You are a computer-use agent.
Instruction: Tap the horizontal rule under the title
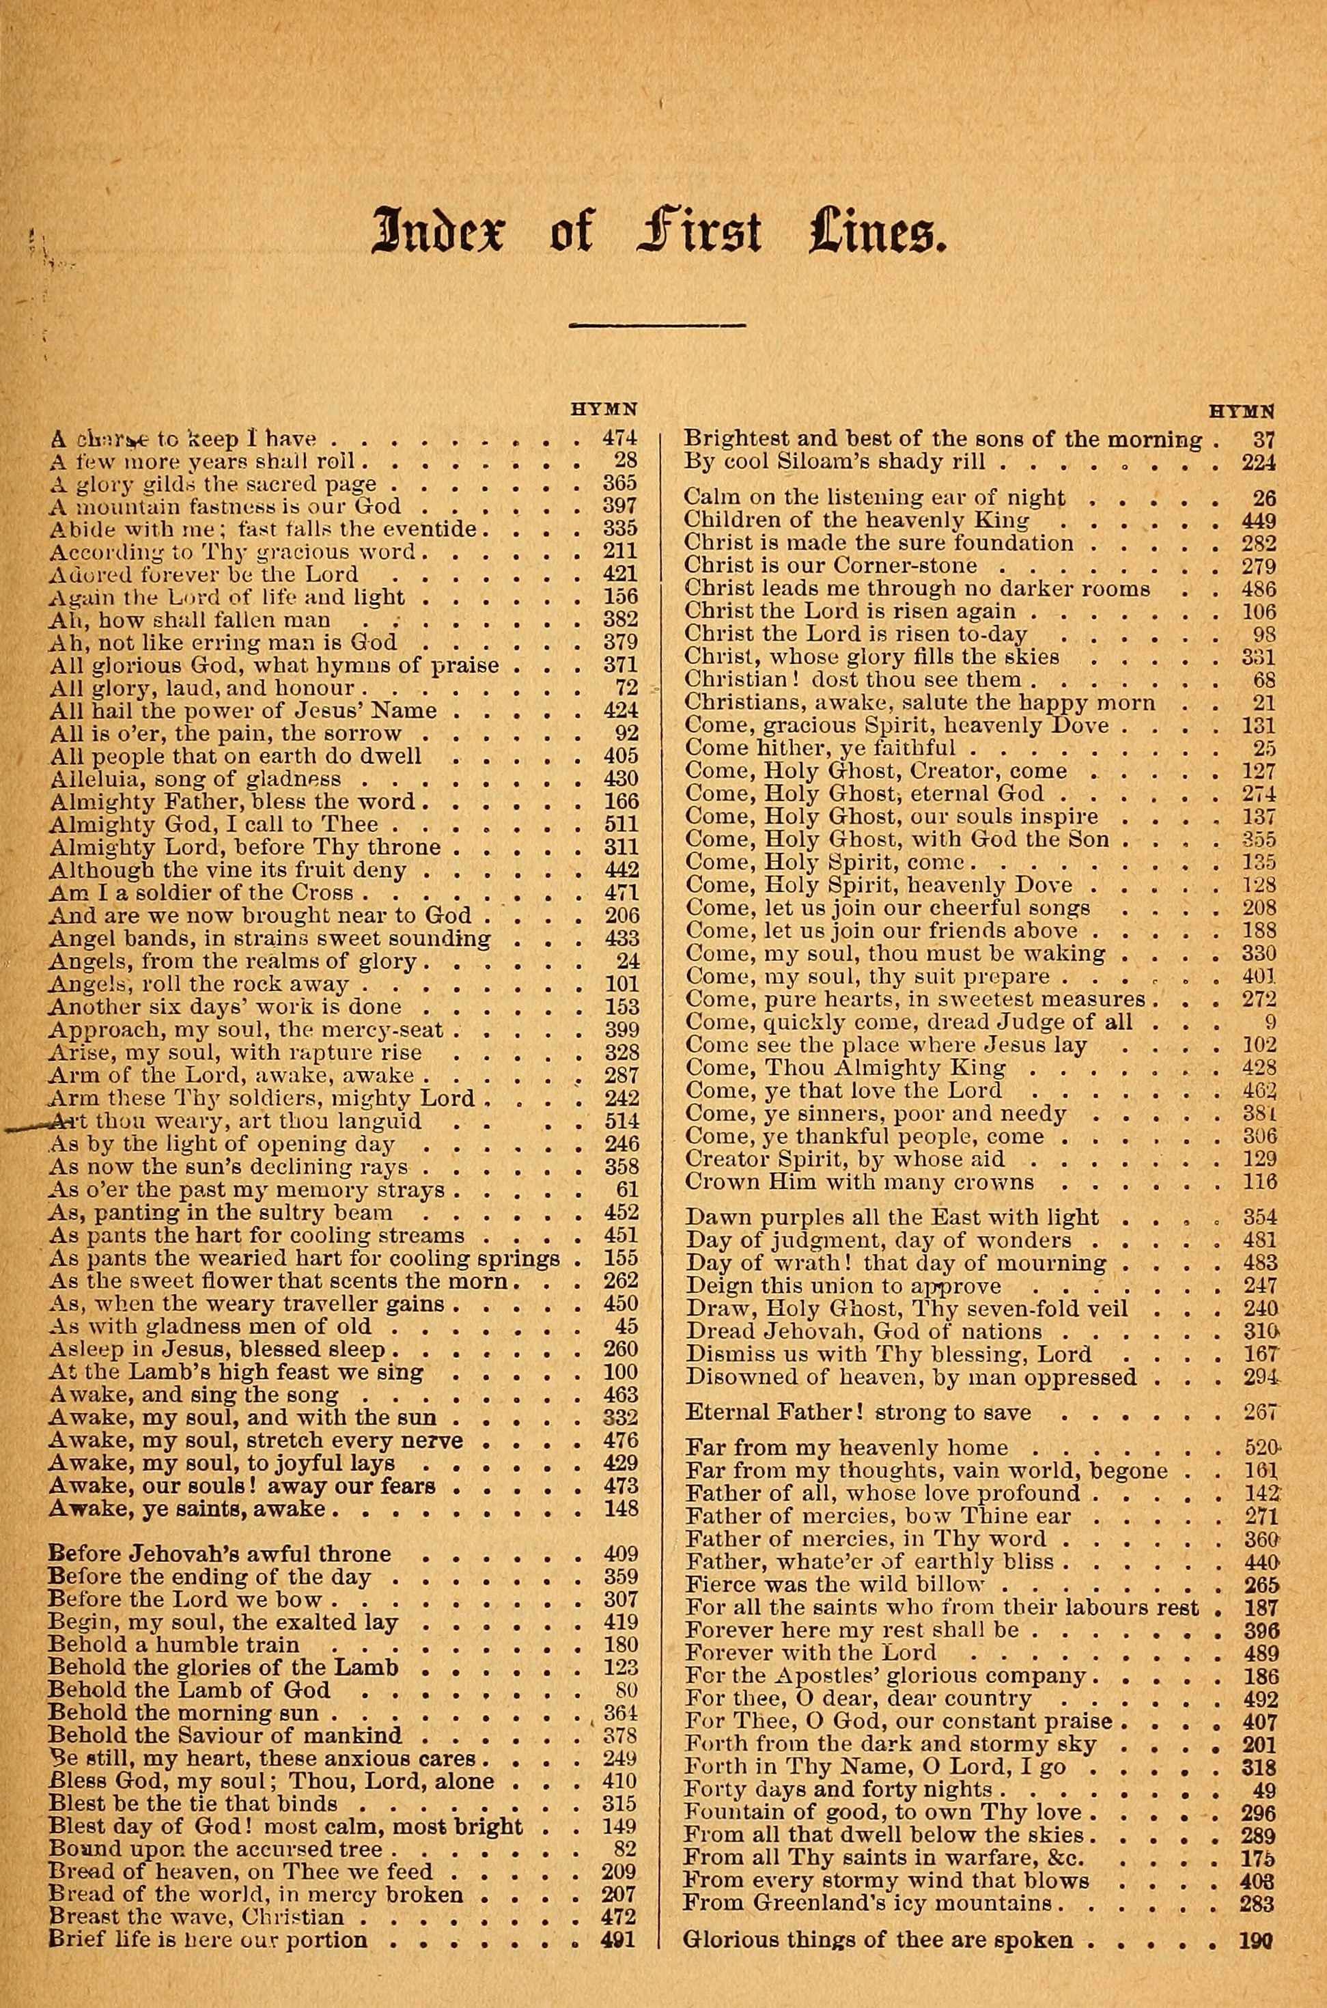(x=658, y=324)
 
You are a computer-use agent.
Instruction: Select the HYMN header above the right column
(x=1242, y=411)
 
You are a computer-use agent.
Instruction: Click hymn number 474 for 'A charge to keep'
(x=619, y=438)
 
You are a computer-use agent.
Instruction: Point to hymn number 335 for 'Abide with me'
(x=619, y=529)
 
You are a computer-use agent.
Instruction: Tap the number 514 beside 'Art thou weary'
(x=619, y=1121)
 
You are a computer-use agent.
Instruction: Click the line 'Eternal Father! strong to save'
(x=858, y=1412)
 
